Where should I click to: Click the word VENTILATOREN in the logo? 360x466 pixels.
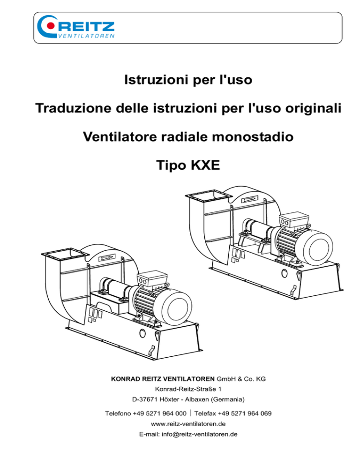(86, 36)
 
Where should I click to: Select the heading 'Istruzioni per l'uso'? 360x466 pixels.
(188, 80)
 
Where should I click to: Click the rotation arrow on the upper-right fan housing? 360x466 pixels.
(249, 199)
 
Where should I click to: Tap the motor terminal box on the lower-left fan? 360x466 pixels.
(151, 278)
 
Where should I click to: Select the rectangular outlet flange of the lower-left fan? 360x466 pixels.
(65, 254)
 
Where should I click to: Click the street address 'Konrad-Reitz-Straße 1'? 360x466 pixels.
(188, 389)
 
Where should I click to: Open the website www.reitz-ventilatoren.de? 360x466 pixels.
(188, 424)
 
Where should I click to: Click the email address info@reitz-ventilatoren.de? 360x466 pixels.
(200, 434)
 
